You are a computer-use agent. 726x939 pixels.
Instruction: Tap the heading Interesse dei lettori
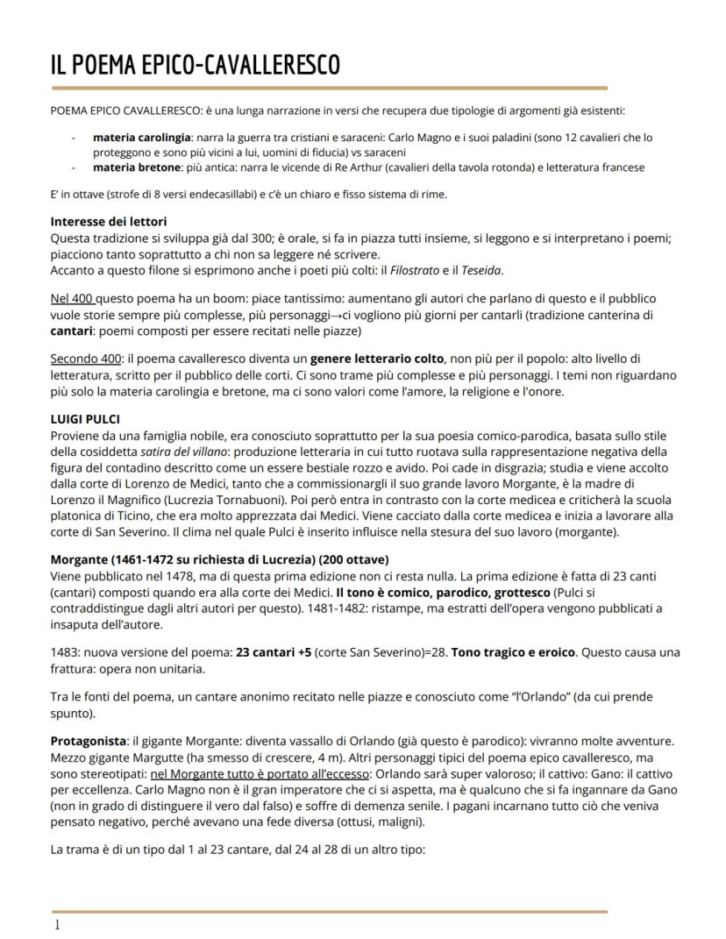(109, 221)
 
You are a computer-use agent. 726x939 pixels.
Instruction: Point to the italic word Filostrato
(409, 270)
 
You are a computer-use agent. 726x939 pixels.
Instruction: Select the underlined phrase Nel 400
(73, 298)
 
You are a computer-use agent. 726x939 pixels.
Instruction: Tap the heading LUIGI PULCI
(85, 420)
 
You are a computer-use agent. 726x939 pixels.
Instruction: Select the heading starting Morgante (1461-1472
(220, 559)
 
